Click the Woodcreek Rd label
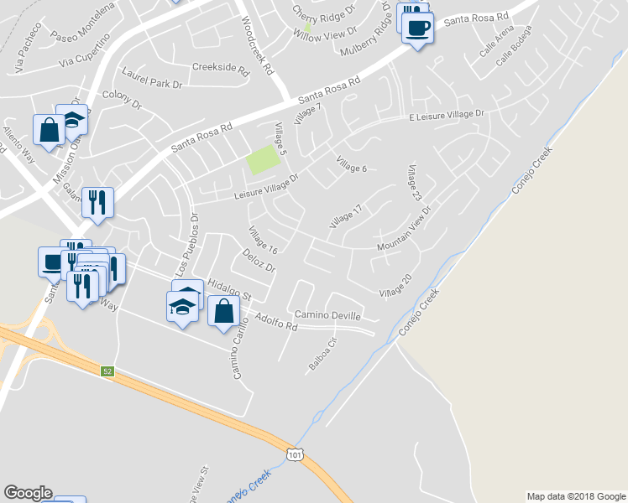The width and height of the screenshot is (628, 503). tap(259, 47)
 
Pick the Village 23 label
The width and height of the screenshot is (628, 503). tap(415, 184)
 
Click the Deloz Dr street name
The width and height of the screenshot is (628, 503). tap(259, 262)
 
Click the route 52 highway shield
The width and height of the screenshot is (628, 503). tap(107, 371)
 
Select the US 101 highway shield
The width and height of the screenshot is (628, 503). tap(294, 454)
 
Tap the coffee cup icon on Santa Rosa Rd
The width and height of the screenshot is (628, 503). tap(417, 28)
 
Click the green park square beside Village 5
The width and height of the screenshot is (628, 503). tap(263, 159)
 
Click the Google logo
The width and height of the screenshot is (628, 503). tap(29, 493)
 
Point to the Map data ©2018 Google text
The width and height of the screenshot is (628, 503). tap(575, 496)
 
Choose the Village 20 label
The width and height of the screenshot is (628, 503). tap(395, 287)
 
